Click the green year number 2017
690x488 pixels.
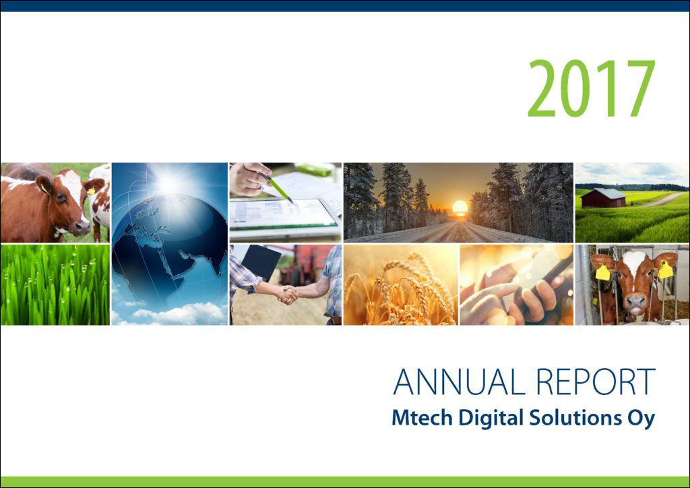click(x=592, y=88)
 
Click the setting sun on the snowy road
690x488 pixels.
click(x=460, y=207)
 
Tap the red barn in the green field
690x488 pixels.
click(x=603, y=198)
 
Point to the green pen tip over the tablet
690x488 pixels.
click(x=290, y=202)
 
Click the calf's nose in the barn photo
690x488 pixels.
click(x=635, y=303)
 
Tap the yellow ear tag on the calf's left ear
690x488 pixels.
click(x=602, y=272)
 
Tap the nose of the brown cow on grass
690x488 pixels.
click(x=82, y=227)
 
